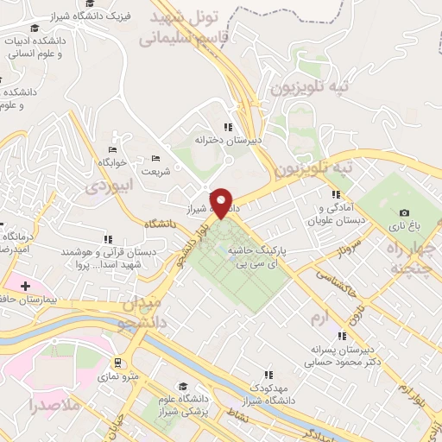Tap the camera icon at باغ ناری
pos(404,213)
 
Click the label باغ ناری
pos(404,227)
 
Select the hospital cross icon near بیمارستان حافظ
pos(25,285)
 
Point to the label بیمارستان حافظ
pos(47,298)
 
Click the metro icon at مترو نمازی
pos(117,363)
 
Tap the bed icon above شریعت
pos(155,158)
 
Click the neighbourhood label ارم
pos(320,319)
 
